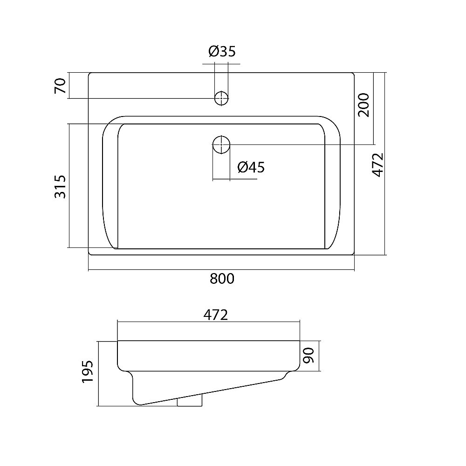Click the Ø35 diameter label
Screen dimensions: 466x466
coord(222,51)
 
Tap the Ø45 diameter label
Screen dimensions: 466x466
coord(251,167)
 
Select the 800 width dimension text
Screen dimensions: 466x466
coord(222,279)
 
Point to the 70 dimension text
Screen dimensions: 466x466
coord(60,86)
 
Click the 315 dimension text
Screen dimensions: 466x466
coord(60,187)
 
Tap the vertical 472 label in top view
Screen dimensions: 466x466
coord(378,165)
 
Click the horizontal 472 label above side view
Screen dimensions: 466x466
coord(215,315)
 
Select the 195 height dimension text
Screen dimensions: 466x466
coord(88,371)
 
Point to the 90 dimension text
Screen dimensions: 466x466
coord(309,356)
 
